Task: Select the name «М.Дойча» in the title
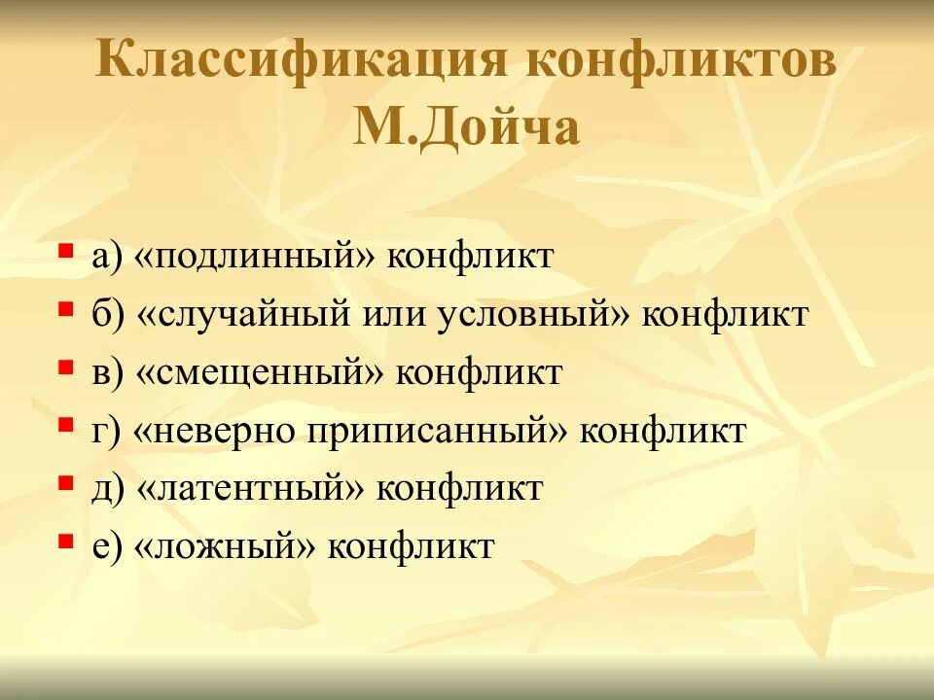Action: pos(466,127)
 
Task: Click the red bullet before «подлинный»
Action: pos(65,251)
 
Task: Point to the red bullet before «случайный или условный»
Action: pos(65,309)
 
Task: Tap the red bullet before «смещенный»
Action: pos(65,367)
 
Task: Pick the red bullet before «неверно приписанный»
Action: pos(65,425)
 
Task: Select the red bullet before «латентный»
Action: pos(65,482)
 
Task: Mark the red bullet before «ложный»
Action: pos(65,540)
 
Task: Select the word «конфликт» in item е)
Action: pos(411,545)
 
